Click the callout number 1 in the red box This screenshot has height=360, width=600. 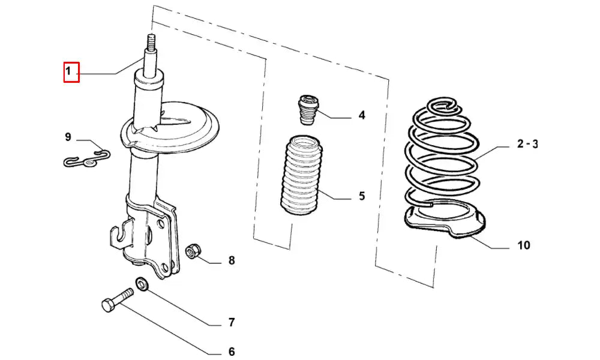[x=68, y=71]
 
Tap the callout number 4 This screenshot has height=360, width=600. [x=362, y=115]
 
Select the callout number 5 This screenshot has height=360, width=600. [x=362, y=196]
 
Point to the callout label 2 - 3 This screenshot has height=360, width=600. [x=527, y=144]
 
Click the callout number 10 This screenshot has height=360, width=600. [x=524, y=245]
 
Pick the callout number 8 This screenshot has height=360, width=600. [x=232, y=260]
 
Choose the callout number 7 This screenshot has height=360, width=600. [x=231, y=323]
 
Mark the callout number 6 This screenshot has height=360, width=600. [x=232, y=351]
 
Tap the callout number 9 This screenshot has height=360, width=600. [x=68, y=137]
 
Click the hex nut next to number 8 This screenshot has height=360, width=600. [x=191, y=251]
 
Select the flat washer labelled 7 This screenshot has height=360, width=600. [x=142, y=285]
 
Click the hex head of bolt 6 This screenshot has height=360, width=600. [x=108, y=305]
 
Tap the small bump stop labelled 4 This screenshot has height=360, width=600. [x=308, y=110]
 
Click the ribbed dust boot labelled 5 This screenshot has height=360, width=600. [x=301, y=175]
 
